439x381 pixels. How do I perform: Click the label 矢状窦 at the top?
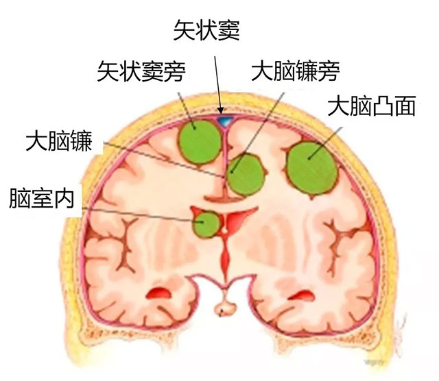pos(206,30)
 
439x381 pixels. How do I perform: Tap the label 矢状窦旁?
pos(141,71)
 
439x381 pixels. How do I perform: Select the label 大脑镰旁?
pos(296,71)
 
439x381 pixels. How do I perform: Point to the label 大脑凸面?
pos(372,106)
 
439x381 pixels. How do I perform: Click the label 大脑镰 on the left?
pos(59,140)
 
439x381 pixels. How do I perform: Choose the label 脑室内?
pos(42,198)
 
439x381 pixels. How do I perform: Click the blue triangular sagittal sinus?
pos(226,122)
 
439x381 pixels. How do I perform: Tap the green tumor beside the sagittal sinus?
pos(200,142)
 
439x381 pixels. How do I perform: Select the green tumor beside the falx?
pos(246,174)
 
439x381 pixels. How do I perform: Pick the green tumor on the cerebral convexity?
pos(312,168)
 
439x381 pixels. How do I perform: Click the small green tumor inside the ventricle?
pos(207,224)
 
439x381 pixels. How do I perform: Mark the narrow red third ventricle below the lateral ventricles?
pos(225,256)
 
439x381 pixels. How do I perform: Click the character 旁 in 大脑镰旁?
pos(329,71)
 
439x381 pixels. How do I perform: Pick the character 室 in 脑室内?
pos(42,198)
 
